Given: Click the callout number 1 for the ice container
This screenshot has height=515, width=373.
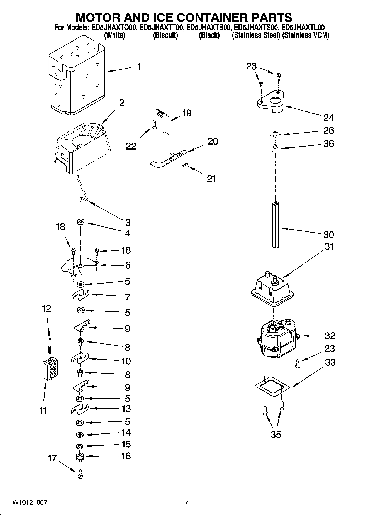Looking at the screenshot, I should click(139, 67).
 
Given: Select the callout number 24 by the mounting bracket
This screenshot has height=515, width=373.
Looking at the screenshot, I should click(328, 118).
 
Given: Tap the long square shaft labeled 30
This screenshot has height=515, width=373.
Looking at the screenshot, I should click(276, 225).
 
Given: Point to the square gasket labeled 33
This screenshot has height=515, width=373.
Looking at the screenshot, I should click(272, 387).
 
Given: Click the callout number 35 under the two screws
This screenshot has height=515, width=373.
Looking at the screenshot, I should click(276, 434).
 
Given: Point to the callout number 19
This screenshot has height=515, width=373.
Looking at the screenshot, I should click(187, 113).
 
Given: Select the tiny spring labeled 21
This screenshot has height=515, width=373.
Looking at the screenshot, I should click(184, 165).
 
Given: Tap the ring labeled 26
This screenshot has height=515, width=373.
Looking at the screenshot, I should click(276, 135).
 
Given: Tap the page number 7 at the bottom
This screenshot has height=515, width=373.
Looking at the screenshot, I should click(186, 503).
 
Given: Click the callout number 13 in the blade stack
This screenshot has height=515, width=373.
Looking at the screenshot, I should click(126, 409).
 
